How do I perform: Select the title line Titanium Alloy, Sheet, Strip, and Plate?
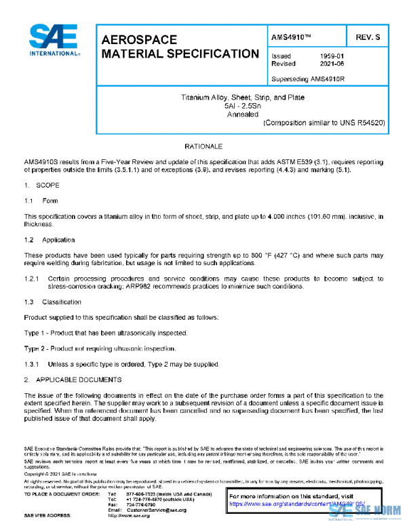[242, 98]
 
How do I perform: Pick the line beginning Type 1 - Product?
[106, 333]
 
